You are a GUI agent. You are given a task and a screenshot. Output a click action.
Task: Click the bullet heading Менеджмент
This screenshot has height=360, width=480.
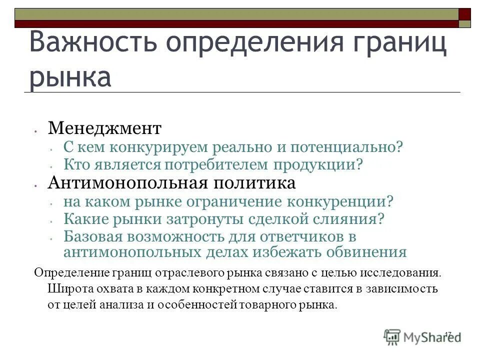[x=104, y=128]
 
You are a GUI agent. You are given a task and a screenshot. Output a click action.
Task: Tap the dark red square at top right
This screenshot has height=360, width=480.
[x=465, y=13]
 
